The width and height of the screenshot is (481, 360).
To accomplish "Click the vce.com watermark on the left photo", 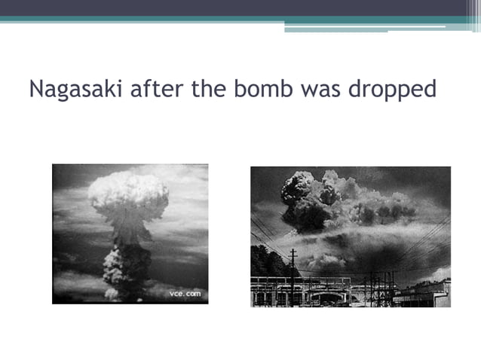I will (184, 293).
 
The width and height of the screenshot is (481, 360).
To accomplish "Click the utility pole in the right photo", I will (292, 275).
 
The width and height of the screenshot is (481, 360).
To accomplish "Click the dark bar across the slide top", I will (240, 8).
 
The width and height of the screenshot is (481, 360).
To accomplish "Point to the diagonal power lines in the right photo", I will (422, 241).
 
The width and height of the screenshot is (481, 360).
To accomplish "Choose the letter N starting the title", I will (36, 90).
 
